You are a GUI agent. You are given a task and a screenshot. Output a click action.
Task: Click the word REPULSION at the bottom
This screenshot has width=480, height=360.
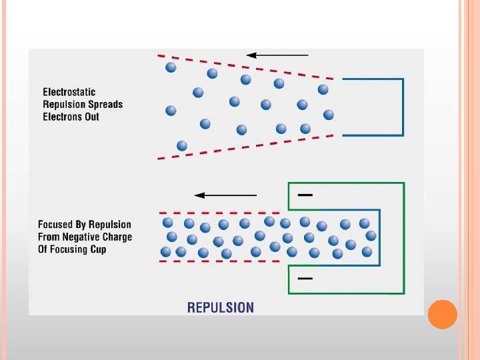[x=221, y=307]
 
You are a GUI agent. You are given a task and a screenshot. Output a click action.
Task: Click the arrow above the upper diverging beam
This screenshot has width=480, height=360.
[x=277, y=55]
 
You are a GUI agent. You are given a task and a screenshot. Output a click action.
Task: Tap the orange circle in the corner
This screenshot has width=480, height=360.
[x=442, y=314]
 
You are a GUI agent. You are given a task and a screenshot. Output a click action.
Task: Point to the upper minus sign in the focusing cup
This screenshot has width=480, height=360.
[x=305, y=195]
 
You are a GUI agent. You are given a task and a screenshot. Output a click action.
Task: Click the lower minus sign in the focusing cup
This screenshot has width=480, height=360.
[x=305, y=278]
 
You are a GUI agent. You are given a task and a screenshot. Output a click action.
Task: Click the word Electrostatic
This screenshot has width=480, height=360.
[x=69, y=92]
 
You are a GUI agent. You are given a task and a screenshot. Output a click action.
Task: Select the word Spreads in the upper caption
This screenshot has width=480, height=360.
[x=103, y=104]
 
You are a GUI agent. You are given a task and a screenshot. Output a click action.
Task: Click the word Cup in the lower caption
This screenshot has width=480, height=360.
[x=97, y=249]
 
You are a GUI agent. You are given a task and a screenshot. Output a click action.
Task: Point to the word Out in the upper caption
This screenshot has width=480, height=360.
[x=91, y=117]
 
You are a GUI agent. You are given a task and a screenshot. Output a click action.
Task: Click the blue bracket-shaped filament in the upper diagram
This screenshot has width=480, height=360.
[x=403, y=107]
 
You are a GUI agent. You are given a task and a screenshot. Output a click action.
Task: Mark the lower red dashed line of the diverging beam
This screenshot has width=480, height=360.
[x=247, y=147]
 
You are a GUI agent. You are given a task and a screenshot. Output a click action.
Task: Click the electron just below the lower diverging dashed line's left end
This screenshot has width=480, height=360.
[x=182, y=145]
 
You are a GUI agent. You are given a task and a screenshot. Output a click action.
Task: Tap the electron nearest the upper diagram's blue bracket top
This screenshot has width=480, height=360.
[x=323, y=89]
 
